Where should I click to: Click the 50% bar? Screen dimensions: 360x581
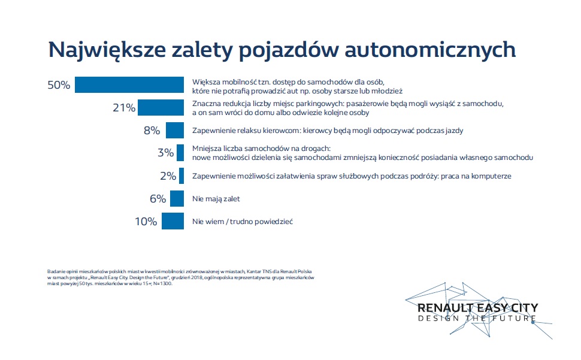tap(128, 85)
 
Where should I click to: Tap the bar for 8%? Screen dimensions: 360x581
tap(175, 130)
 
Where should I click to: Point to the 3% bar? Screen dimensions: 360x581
tap(180, 153)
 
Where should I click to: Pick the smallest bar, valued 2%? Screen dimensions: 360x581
tap(181, 176)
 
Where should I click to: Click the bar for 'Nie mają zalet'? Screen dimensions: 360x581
tap(177, 198)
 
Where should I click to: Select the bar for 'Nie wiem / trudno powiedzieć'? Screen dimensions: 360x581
tap(173, 221)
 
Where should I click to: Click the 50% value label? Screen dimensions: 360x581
tap(59, 85)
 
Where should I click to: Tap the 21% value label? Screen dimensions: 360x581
tap(124, 108)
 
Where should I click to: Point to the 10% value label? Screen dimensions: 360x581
tap(146, 221)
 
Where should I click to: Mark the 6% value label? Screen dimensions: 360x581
tap(158, 198)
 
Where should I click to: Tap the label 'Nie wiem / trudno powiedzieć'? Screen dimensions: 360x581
tap(242, 222)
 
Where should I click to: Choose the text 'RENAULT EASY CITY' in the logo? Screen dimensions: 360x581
tap(477, 308)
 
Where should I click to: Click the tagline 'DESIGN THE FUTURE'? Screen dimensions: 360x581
tap(477, 318)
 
